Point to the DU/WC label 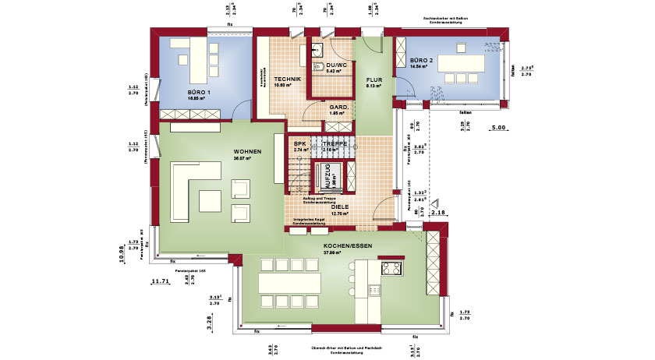(336, 65)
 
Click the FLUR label (374, 79)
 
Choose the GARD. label (338, 107)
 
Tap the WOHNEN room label (246, 151)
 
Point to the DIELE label (338, 206)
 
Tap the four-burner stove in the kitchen (390, 270)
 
